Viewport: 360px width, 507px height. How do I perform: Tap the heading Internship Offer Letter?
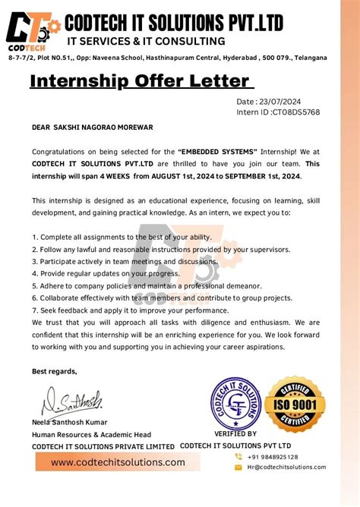tap(140, 80)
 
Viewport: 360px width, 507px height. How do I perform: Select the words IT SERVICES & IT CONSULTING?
tap(146, 41)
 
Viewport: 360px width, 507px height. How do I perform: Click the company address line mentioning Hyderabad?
tap(168, 58)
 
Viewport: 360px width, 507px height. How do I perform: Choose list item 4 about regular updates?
tap(104, 274)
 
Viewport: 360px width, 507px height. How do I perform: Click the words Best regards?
tap(55, 371)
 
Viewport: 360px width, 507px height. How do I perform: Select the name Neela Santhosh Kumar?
tap(70, 422)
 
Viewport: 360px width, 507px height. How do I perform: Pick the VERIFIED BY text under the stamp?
tap(235, 434)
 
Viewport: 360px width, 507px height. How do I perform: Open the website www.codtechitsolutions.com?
tap(118, 462)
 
